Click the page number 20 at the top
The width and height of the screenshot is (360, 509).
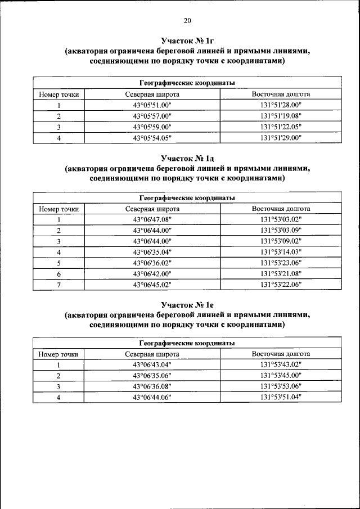pos(187,21)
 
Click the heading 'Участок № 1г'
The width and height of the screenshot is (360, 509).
pos(187,41)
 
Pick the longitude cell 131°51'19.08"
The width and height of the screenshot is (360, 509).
pos(281,116)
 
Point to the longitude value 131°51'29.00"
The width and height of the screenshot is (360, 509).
pos(281,137)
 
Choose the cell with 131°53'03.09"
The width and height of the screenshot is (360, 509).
pos(281,231)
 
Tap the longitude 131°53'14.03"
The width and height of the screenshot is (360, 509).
pos(281,252)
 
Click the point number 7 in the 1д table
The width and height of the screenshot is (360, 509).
pos(58,285)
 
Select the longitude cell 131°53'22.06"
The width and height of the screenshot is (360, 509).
pos(281,285)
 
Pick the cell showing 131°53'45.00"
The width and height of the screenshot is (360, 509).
pos(281,376)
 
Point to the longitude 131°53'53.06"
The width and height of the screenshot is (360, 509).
pos(281,386)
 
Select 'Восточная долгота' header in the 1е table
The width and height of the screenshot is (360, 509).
pos(281,354)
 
